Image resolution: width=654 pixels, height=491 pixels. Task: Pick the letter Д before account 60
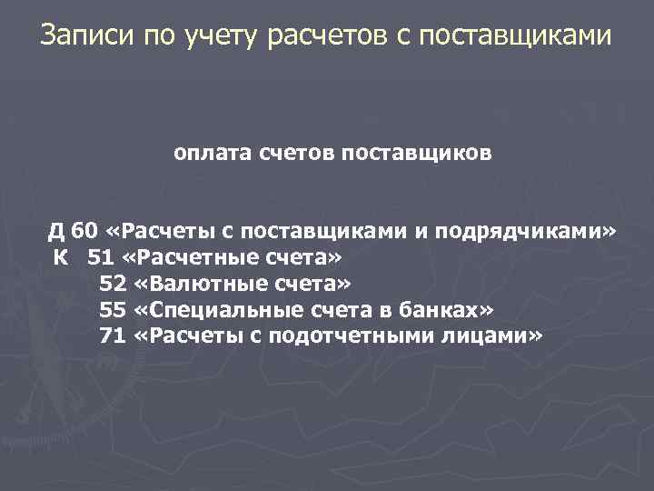[56, 231]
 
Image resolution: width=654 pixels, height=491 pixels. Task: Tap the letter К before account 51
[60, 257]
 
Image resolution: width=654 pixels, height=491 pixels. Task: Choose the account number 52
[112, 284]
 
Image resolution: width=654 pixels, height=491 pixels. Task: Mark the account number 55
[112, 310]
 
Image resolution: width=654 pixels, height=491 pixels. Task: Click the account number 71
[112, 336]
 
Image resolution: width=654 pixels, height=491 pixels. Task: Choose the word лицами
[494, 336]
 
